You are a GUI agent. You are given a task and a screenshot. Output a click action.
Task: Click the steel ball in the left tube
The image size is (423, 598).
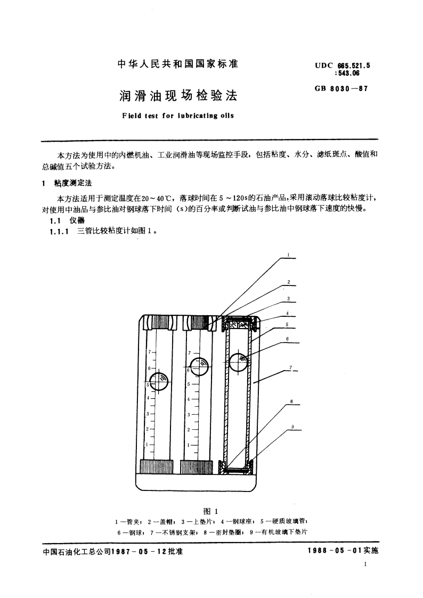tap(159, 381)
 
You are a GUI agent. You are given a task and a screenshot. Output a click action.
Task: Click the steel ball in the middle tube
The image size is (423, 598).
tap(198, 367)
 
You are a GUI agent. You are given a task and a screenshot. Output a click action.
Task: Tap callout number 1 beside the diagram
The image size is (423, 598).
tap(288, 255)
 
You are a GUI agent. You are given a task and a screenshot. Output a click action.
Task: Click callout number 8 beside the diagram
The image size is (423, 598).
tap(291, 401)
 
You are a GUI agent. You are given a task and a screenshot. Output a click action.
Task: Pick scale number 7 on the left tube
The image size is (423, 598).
tap(150, 352)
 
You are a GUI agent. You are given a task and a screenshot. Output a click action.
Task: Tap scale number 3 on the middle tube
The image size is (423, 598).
tap(189, 414)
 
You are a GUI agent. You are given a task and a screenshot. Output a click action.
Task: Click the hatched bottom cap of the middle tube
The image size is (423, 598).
tap(196, 466)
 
